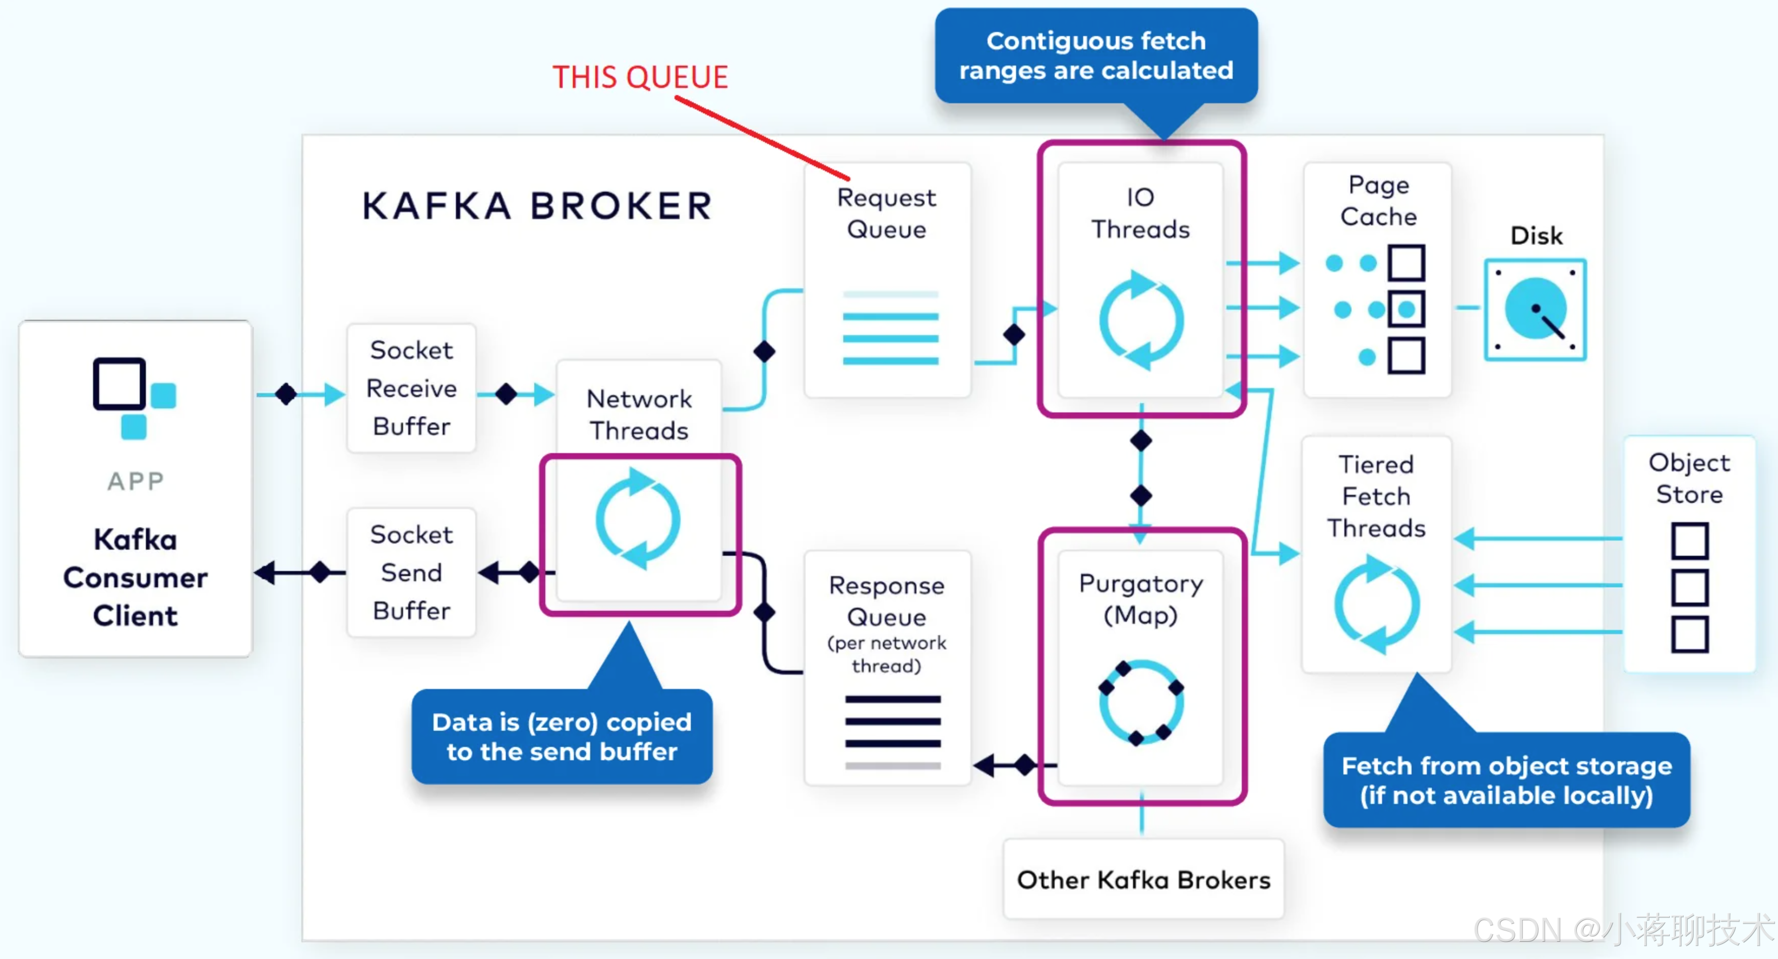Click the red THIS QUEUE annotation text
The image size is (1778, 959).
click(x=640, y=77)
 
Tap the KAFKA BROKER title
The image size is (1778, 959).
click(x=537, y=206)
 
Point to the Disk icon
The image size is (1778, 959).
click(x=1535, y=309)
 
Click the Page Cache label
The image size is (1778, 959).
click(x=1378, y=200)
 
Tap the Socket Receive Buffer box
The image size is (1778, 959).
click(x=411, y=388)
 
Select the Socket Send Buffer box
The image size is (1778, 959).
click(x=411, y=573)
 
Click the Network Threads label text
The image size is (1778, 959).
click(x=638, y=414)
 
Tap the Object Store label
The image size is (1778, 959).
click(x=1689, y=478)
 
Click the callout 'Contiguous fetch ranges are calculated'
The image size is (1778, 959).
click(x=1096, y=55)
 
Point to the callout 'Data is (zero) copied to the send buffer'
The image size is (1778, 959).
click(x=562, y=736)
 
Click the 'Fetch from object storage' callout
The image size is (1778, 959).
click(x=1507, y=780)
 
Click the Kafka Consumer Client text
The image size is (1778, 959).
click(x=135, y=577)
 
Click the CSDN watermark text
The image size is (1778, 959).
click(x=1623, y=930)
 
